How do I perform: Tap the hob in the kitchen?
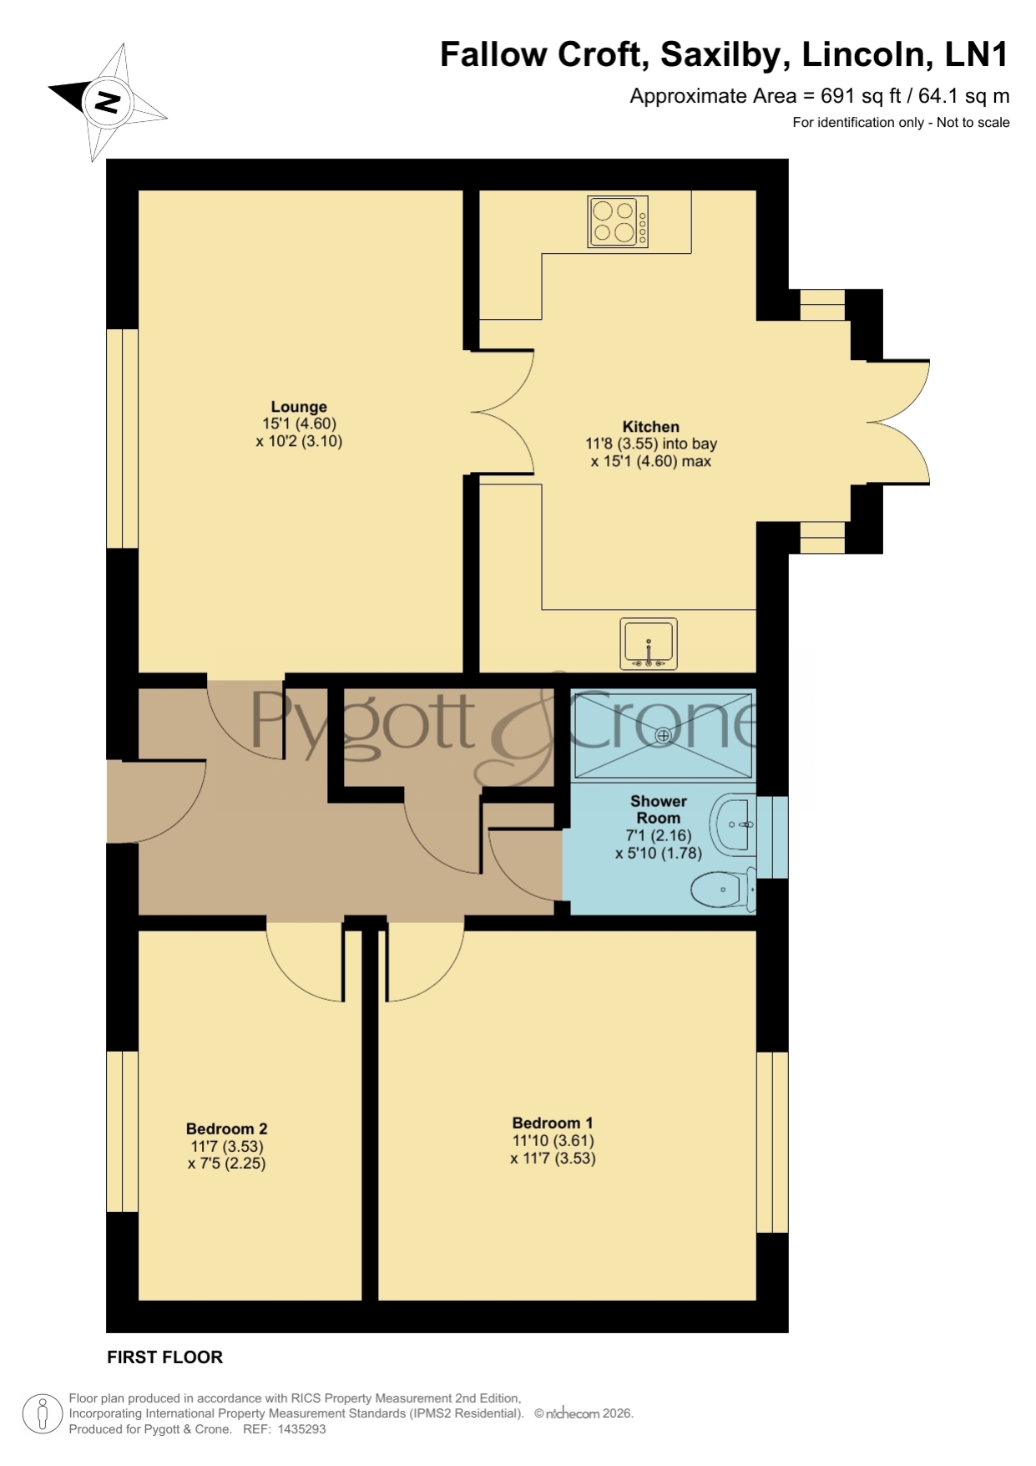click(619, 221)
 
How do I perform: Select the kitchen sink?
click(649, 644)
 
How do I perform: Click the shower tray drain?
click(664, 735)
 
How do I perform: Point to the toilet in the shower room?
click(724, 889)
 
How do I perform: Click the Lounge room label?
click(299, 408)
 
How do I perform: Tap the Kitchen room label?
click(651, 427)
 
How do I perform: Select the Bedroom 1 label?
click(553, 1124)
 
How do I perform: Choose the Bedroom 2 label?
click(227, 1129)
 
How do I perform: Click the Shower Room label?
click(659, 809)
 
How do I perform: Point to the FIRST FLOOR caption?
click(165, 1357)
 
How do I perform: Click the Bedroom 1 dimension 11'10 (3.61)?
click(553, 1141)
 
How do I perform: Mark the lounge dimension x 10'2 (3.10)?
click(299, 442)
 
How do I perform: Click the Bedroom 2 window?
click(122, 1131)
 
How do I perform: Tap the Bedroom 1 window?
click(772, 1142)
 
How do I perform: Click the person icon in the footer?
click(42, 1414)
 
